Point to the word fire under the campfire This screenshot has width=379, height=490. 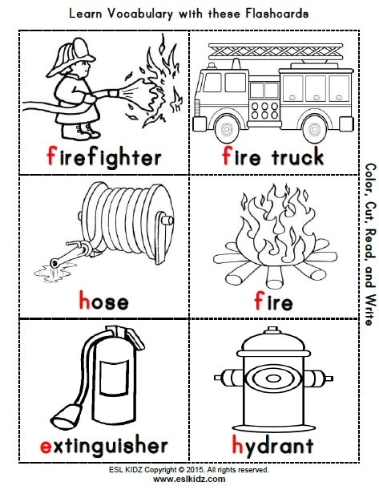click(x=272, y=302)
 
